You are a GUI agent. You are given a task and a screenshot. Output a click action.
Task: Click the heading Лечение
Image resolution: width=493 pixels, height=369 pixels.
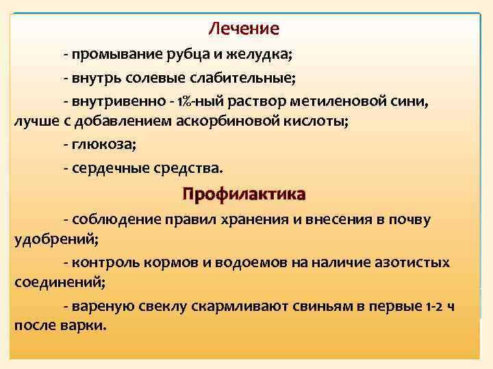tap(244, 29)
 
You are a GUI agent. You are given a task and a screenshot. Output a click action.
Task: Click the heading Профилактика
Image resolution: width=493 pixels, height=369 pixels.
tap(244, 195)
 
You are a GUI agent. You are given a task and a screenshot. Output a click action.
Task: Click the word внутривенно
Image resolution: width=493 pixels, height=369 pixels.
tap(112, 100)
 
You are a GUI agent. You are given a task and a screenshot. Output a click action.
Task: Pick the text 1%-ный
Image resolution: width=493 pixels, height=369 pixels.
tap(194, 100)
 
